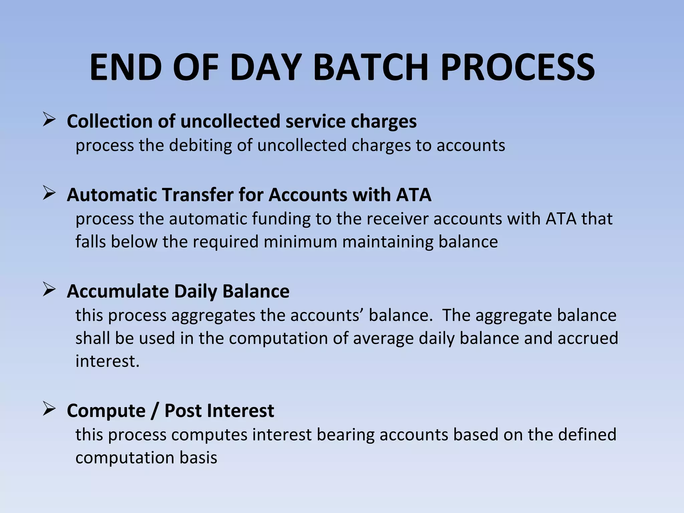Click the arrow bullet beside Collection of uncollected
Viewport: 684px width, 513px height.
click(x=49, y=120)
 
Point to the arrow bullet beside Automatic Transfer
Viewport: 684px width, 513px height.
click(x=49, y=193)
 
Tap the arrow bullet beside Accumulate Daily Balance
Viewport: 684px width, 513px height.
click(x=49, y=290)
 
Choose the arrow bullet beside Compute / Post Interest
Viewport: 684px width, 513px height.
click(x=49, y=409)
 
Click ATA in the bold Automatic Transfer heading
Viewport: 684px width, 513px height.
click(x=413, y=195)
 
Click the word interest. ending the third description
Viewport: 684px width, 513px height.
click(x=107, y=361)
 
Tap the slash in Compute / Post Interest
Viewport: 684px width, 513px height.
click(x=154, y=411)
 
